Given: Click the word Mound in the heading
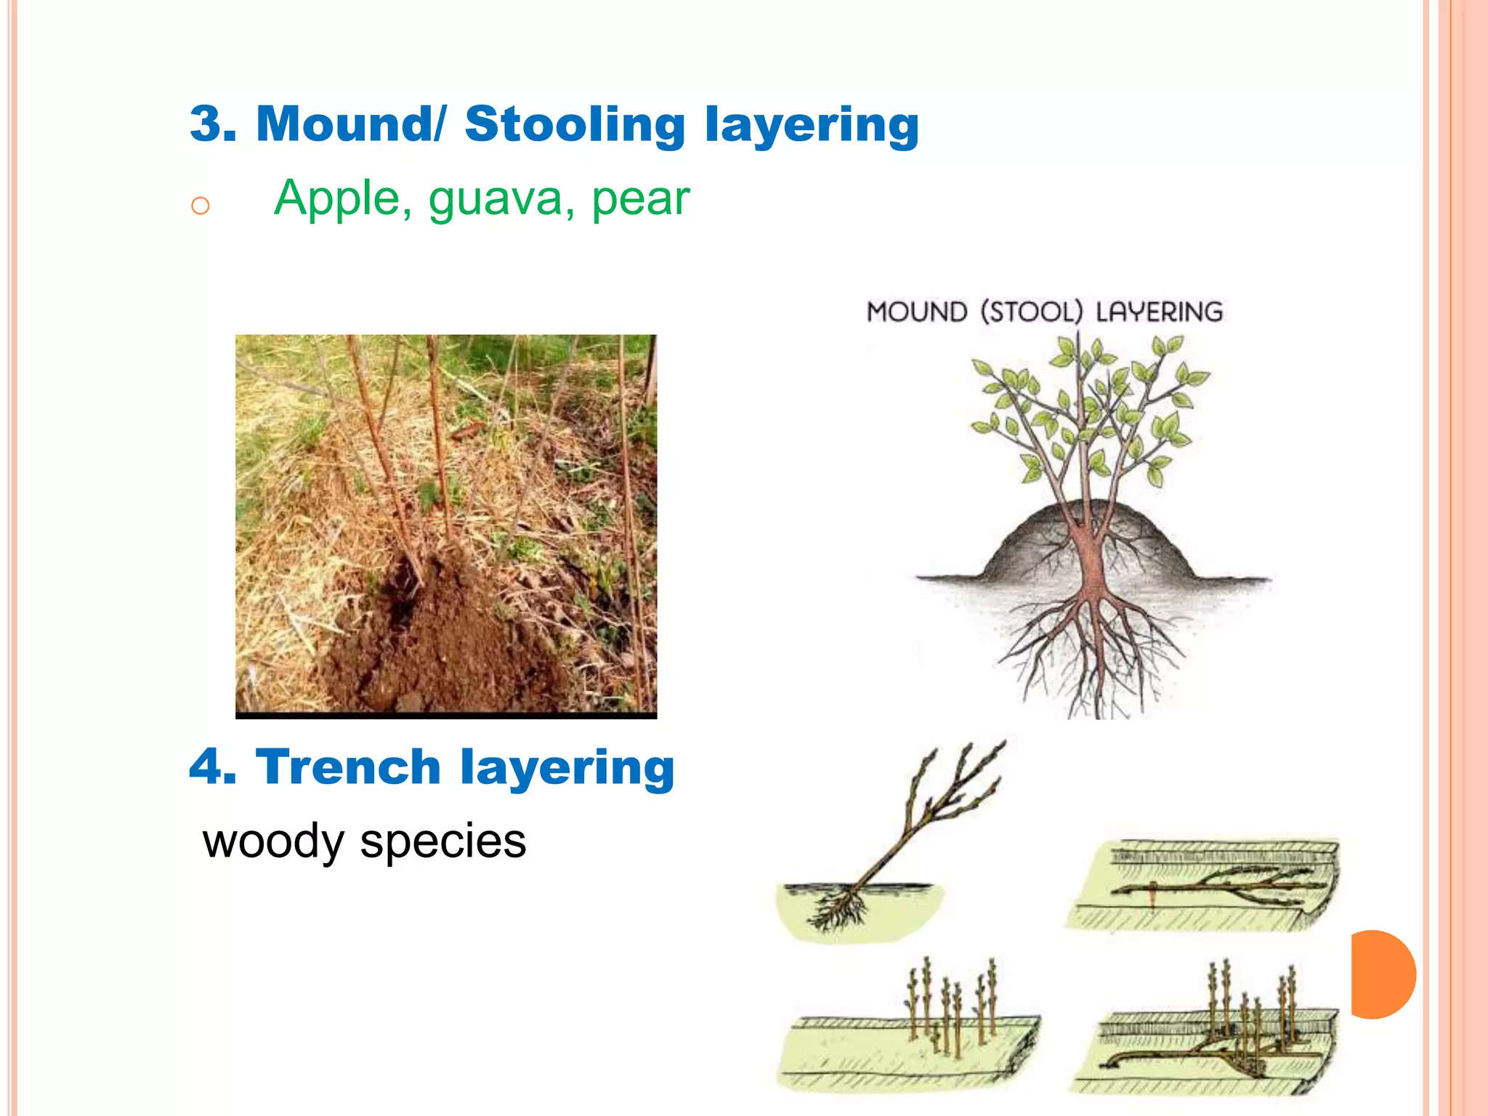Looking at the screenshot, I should point(346,124).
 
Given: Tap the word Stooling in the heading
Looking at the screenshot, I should point(575,125).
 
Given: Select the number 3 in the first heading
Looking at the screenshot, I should point(208,124).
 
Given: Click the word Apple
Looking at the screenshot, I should point(337,198).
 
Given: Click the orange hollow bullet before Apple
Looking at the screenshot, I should point(200,206).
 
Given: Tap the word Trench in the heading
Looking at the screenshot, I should point(348,767).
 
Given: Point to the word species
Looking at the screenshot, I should point(442,844).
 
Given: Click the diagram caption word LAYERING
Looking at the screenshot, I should point(1159,312).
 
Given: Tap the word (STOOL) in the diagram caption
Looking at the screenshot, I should point(1031,312).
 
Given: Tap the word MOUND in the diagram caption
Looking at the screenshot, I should point(917,312).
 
